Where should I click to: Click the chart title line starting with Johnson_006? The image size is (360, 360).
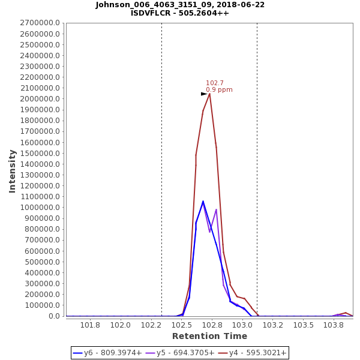point(180,5)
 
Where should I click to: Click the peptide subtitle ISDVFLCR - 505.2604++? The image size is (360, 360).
point(180,13)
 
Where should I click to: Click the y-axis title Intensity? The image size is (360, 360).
point(13,171)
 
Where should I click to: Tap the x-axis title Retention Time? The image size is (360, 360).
point(209,336)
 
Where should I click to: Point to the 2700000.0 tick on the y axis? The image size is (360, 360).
point(40,23)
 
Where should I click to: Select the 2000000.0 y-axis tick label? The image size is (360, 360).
point(40,99)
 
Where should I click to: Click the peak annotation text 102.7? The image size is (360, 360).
point(215,83)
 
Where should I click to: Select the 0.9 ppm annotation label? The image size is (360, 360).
point(219,90)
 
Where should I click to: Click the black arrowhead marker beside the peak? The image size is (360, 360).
point(204,94)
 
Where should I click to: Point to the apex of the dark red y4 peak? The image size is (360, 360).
point(209,94)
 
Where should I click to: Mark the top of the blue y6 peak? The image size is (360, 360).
point(203,201)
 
